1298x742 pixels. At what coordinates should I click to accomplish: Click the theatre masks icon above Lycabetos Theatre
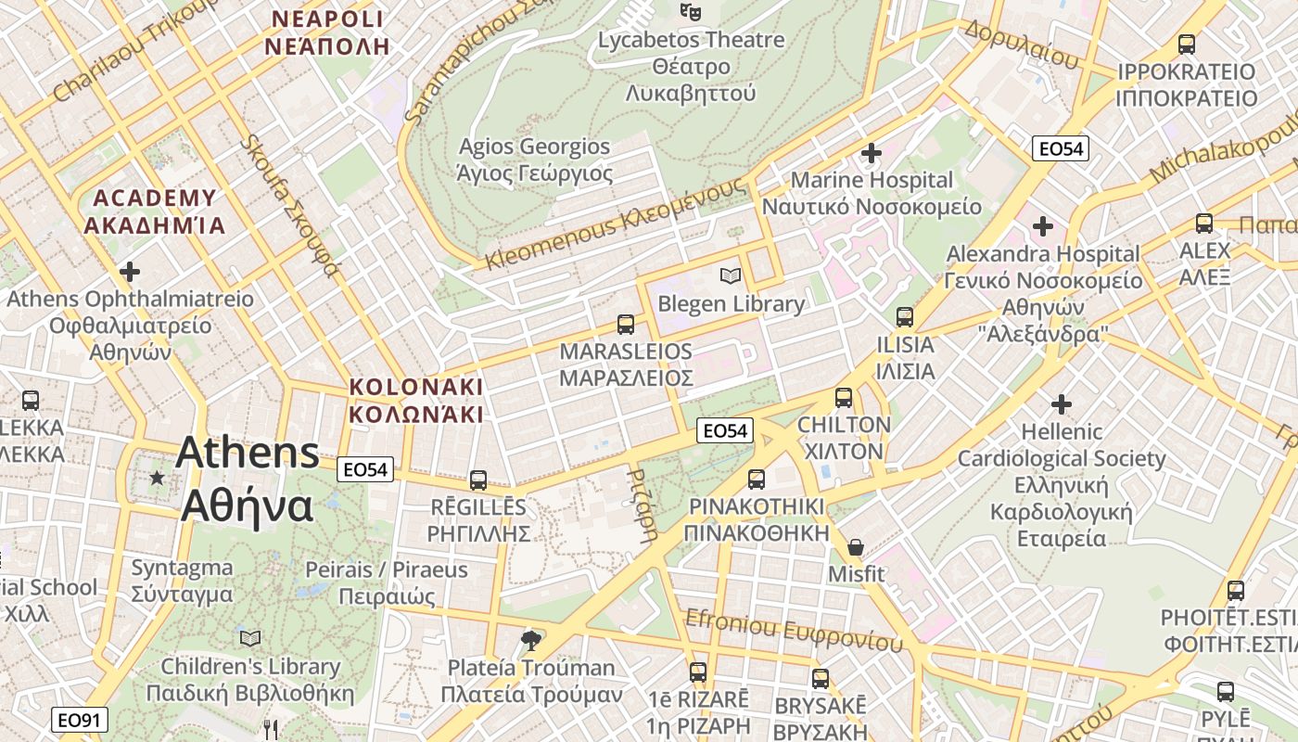(x=690, y=12)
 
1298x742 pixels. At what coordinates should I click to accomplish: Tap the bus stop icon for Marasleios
(x=626, y=325)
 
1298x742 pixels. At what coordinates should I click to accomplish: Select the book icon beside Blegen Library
(x=731, y=275)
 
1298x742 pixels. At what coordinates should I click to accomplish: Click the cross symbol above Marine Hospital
(x=872, y=152)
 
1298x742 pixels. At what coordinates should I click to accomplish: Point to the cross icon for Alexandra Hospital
(x=1043, y=225)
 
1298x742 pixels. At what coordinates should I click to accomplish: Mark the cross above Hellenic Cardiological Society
(x=1062, y=403)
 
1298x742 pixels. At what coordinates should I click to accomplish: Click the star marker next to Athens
(x=157, y=478)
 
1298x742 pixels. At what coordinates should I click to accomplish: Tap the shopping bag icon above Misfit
(x=856, y=547)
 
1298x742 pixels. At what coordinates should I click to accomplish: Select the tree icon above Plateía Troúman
(x=531, y=639)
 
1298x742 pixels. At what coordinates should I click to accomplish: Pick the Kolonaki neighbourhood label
(x=415, y=400)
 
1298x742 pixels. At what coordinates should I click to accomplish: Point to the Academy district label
(x=155, y=211)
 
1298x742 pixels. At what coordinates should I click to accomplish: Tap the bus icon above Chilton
(x=844, y=398)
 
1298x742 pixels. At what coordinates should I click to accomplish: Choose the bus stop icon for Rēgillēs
(x=478, y=480)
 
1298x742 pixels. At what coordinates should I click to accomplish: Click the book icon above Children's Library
(x=250, y=638)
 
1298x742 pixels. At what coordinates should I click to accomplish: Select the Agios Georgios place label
(x=535, y=160)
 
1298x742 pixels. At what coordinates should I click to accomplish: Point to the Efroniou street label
(x=793, y=631)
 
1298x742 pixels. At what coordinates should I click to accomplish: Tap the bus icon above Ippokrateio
(x=1186, y=44)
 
